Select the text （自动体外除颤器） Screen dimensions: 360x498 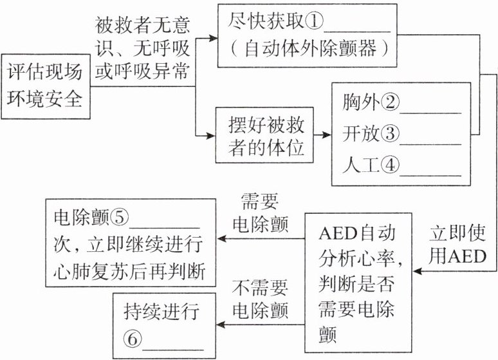(304, 50)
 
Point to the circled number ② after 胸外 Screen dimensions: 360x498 (390, 102)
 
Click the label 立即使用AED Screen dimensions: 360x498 (457, 245)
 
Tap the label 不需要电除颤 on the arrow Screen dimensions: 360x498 (261, 296)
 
